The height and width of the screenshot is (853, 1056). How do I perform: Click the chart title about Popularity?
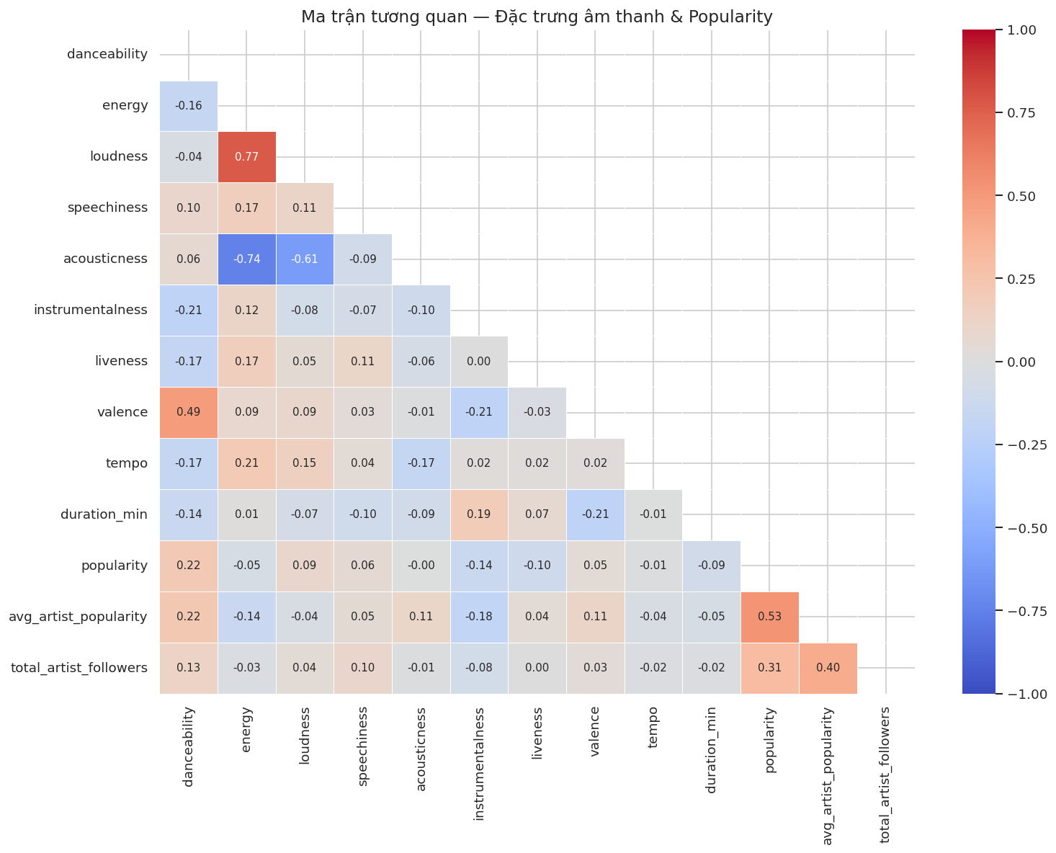[x=537, y=17]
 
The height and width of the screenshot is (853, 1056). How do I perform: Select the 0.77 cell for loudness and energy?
[x=246, y=157]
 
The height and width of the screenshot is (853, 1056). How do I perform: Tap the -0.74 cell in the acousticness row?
[x=246, y=259]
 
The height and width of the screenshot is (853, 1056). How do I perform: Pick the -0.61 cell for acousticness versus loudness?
[x=305, y=259]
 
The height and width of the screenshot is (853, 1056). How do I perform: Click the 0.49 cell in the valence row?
[x=189, y=413]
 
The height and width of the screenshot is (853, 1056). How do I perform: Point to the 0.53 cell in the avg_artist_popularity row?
[x=769, y=617]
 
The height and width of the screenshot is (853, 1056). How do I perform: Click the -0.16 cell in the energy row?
[x=189, y=106]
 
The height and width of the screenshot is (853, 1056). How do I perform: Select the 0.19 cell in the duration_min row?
[x=479, y=515]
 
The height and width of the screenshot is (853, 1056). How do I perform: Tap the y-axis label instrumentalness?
[x=91, y=311]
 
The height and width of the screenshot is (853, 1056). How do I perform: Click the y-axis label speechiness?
[x=107, y=208]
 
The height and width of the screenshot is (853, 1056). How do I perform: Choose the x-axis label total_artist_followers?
[x=886, y=774]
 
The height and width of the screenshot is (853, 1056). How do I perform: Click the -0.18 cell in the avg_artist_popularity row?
[x=479, y=617]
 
